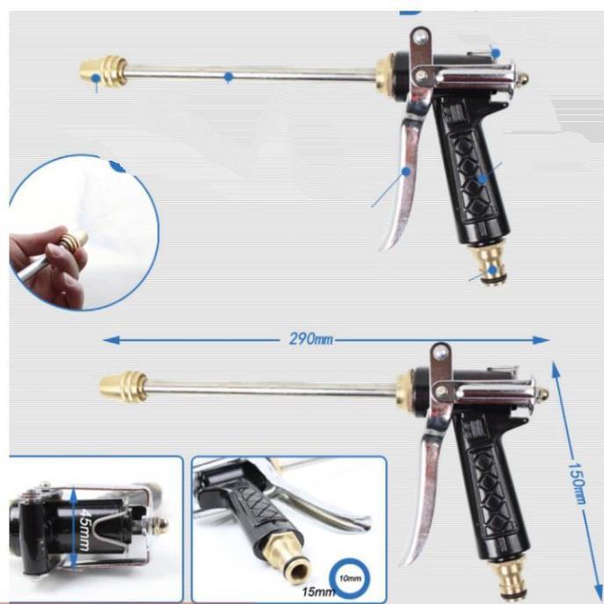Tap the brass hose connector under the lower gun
click(510, 575)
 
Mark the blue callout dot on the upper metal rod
click(228, 77)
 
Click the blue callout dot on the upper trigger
click(406, 171)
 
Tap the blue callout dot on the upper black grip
click(481, 178)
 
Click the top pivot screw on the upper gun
click(421, 37)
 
